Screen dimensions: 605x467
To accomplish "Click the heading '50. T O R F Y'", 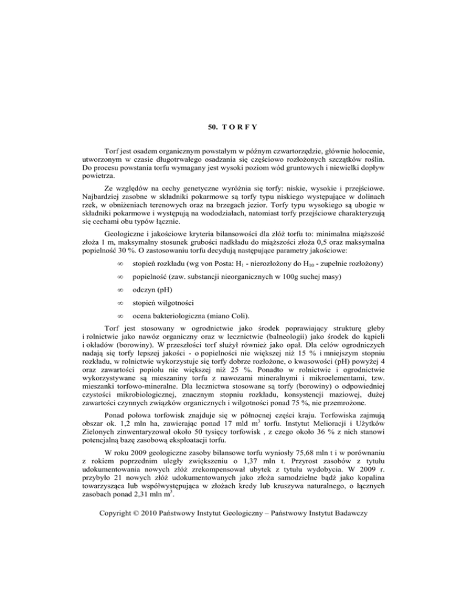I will coord(233,144).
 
